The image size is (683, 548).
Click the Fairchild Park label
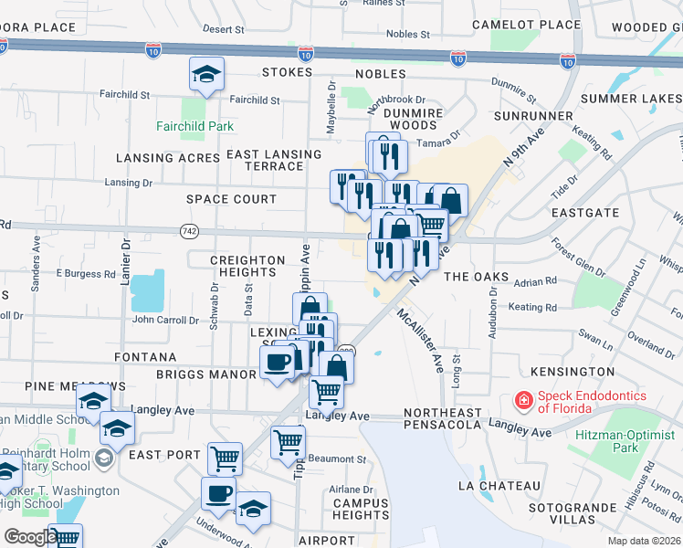point(194,126)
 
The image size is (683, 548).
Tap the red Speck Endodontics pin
point(522,400)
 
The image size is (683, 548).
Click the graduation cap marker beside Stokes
point(207,75)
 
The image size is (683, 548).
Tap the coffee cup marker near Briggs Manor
point(277,362)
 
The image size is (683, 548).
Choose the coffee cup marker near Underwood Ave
point(218,494)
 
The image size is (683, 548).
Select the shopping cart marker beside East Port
point(225,458)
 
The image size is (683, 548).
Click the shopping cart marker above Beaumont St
point(289,442)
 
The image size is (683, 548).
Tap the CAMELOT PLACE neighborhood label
point(526,25)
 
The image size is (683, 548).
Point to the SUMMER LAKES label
point(627,99)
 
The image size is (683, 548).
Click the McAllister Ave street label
point(418,341)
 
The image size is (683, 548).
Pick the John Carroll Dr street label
point(165,321)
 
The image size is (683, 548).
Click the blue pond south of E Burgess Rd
point(147,291)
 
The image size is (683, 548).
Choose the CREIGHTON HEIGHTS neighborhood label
point(247,267)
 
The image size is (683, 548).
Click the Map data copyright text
point(645,541)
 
